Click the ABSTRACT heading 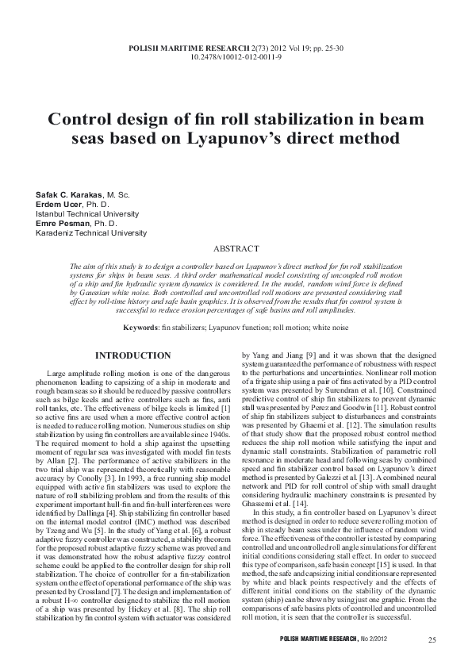[236, 248]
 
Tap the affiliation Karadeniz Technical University [91, 233]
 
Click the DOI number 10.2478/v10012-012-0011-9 [236, 57]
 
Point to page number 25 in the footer [432, 640]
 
